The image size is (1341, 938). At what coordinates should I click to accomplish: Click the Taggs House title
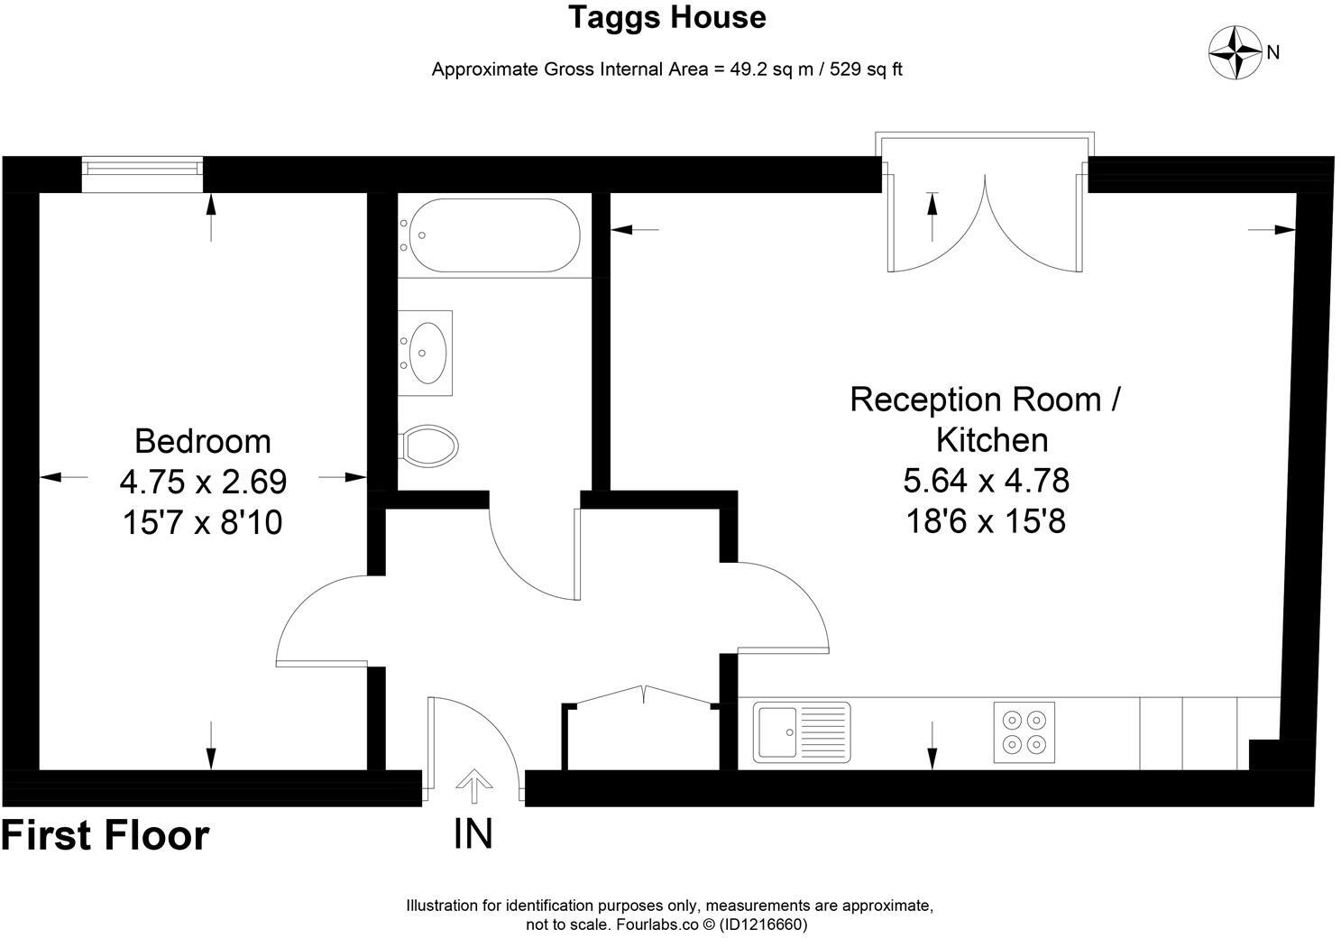pos(667,17)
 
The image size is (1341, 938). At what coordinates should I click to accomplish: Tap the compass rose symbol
pos(1235,52)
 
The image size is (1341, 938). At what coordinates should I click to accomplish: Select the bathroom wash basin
pos(426,353)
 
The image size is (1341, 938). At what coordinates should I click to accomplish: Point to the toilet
pos(428,446)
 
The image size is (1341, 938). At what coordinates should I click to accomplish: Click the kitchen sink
pos(802,732)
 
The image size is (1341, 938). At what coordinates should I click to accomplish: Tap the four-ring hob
pos(1024,732)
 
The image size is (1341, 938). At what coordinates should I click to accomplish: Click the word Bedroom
pos(203,442)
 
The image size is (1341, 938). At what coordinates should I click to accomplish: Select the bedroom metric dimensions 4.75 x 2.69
pos(203,482)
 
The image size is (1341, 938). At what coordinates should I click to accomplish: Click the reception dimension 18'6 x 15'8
pos(986,521)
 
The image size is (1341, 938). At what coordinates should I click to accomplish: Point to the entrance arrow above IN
pos(474,786)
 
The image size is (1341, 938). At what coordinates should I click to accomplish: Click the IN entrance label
pos(473,834)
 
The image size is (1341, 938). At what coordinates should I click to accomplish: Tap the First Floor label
pos(106,835)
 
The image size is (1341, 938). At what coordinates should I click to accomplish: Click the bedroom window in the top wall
pos(142,174)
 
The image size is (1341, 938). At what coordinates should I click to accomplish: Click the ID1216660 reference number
pos(763,924)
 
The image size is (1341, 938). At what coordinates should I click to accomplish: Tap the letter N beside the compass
pos(1272,53)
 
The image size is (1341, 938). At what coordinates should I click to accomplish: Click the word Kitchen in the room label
pos(992,440)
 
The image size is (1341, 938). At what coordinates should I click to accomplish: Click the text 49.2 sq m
pos(772,69)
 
